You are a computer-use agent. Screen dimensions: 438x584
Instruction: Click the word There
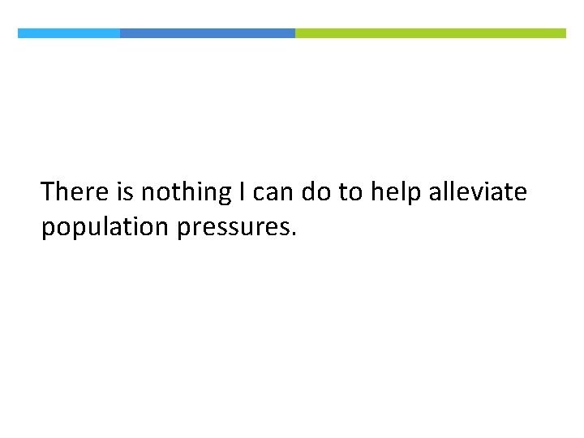tap(75, 192)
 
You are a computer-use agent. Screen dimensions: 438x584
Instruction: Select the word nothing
tap(186, 193)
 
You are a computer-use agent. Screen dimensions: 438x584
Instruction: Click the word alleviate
tap(479, 192)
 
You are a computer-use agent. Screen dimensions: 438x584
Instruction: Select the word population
tap(105, 228)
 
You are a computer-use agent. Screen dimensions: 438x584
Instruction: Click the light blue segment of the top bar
tap(69, 33)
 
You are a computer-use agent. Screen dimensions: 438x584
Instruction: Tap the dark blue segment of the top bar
tap(208, 33)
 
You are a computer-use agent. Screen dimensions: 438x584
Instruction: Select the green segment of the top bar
tap(430, 33)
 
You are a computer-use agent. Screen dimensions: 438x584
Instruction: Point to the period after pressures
tap(294, 235)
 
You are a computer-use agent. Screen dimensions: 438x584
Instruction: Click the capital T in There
tap(48, 192)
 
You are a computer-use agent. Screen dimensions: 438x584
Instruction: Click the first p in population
tap(48, 230)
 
